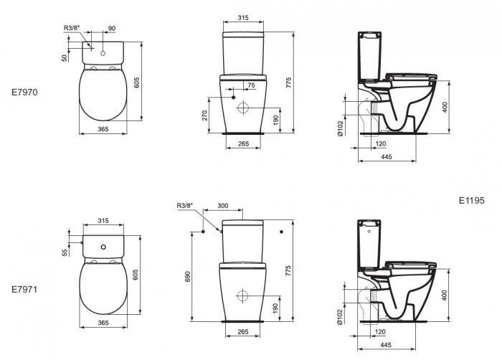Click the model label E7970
(x=24, y=93)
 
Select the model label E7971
(x=24, y=289)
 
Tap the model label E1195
(x=472, y=201)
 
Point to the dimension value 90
(x=111, y=28)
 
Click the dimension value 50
(x=65, y=58)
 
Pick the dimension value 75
(x=251, y=85)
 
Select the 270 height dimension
(x=205, y=115)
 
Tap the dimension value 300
(x=223, y=205)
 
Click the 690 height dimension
(x=188, y=277)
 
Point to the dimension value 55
(x=65, y=252)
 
